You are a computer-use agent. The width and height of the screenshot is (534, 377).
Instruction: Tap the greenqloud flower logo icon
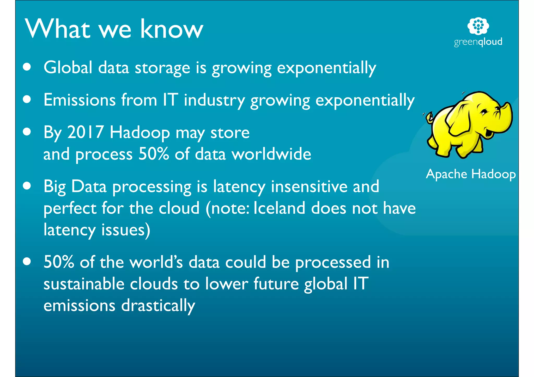[478, 26]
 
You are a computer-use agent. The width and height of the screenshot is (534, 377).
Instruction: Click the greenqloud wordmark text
[478, 42]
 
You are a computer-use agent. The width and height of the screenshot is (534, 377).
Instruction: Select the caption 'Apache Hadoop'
[471, 174]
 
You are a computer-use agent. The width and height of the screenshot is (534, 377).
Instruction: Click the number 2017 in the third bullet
[85, 132]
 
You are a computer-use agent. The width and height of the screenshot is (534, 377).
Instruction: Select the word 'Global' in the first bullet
[68, 67]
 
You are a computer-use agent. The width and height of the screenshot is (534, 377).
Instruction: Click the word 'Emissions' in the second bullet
[80, 100]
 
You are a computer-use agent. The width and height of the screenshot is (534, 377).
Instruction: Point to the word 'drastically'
[158, 305]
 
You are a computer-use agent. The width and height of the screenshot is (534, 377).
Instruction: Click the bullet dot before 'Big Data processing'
[27, 186]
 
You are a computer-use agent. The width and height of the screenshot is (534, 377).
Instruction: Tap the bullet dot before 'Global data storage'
[27, 67]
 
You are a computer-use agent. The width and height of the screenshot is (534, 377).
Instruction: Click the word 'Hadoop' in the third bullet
[140, 133]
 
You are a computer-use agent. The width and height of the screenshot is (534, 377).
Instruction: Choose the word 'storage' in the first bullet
[162, 68]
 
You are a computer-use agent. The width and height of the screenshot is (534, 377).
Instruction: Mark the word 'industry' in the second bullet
[214, 100]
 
